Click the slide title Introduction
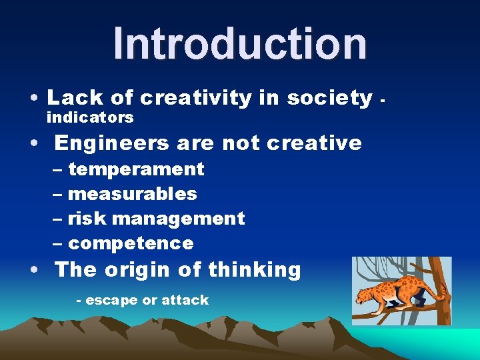click(x=240, y=43)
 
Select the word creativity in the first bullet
click(x=195, y=98)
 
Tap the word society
click(x=329, y=98)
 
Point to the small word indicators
click(x=90, y=118)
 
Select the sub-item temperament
click(x=136, y=170)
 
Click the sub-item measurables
click(x=132, y=194)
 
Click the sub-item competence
click(x=131, y=243)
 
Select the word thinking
click(x=254, y=270)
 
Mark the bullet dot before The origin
click(x=33, y=271)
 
